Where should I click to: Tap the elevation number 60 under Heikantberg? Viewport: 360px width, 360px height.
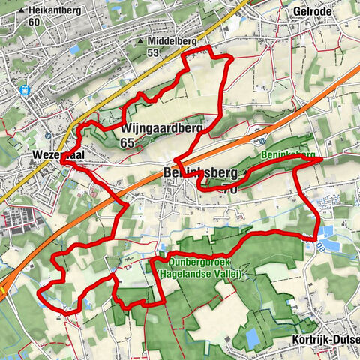coord(34,22)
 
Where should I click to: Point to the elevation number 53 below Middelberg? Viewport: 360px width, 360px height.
coord(153,52)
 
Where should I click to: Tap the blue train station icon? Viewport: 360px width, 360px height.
coord(25,90)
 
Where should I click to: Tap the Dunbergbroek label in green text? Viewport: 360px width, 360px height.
coord(196,262)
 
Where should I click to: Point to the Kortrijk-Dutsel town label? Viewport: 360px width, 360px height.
coord(324,338)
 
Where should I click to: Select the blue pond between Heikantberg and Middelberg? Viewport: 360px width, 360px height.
coord(74,49)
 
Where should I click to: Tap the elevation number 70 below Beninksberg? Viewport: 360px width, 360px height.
coord(226,189)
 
